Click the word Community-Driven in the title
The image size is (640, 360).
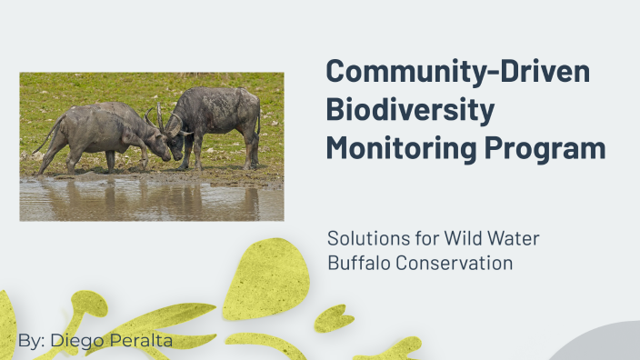457,72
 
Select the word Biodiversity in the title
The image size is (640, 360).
410,110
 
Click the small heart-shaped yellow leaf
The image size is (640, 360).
335,317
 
